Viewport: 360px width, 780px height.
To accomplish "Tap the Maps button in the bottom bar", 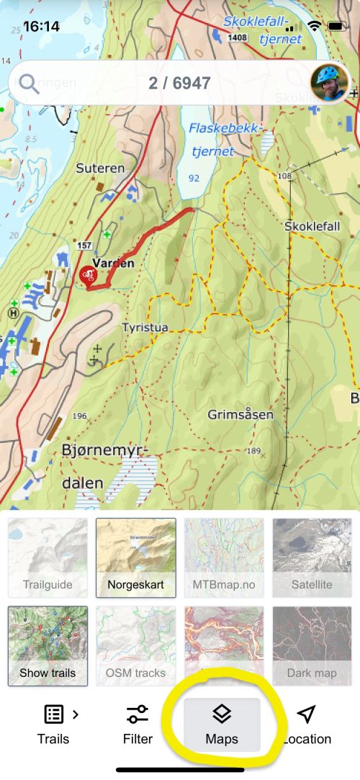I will pos(222,724).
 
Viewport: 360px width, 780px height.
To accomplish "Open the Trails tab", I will pos(54,724).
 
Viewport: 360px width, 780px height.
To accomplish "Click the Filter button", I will pos(138,724).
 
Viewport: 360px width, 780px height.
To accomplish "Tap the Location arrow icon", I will pos(307,714).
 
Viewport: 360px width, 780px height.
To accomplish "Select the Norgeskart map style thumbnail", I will pos(136,557).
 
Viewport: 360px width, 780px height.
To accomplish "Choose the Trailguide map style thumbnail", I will pos(48,557).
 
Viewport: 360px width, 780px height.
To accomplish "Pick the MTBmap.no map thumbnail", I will pos(224,557).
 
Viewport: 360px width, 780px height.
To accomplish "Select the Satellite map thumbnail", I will pos(312,557).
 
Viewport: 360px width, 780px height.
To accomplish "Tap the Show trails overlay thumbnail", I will pos(48,646).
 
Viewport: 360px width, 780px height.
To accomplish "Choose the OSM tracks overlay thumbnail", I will pos(136,646).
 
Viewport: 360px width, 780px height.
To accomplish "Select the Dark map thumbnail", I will pos(312,646).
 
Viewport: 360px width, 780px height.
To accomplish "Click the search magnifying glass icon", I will pos(30,84).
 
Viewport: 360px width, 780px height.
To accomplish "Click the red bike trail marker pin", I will pos(89,276).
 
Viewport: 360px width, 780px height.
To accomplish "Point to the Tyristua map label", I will pos(145,328).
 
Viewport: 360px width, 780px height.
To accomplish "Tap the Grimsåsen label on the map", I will pos(240,415).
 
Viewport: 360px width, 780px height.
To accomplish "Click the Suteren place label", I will pos(100,168).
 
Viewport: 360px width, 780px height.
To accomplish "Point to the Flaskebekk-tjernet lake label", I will pos(222,140).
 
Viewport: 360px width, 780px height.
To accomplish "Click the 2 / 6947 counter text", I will pos(179,84).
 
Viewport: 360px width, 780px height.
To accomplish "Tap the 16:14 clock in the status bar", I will pos(41,27).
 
